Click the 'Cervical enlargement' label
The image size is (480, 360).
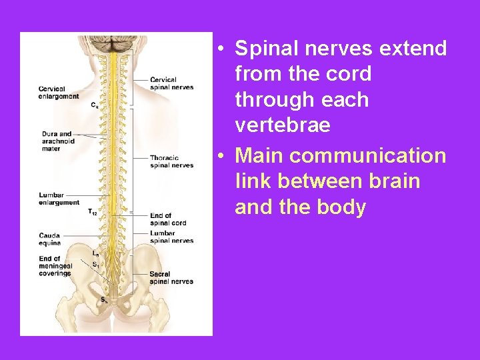coord(59,93)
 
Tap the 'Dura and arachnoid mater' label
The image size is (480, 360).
coord(58,141)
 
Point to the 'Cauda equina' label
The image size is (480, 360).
coord(50,238)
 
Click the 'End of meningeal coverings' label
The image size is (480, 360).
coord(55,266)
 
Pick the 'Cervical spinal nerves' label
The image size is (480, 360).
coord(171,84)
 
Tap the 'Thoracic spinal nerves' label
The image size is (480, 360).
coord(171,162)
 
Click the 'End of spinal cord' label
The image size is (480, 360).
coord(168,219)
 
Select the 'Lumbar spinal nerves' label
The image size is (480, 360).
coord(171,237)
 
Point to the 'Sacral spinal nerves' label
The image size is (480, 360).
coord(171,278)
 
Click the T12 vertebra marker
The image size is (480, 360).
coord(93,212)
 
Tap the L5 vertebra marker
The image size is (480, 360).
coord(95,254)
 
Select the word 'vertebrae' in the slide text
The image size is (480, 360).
coord(283,125)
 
